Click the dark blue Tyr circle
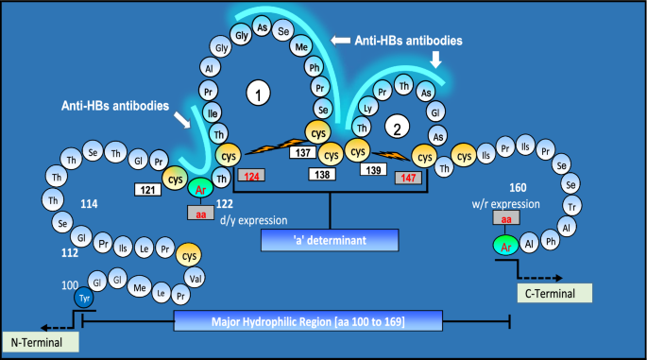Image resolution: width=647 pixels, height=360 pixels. (x=84, y=298)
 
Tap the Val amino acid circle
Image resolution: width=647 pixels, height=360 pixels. (x=195, y=279)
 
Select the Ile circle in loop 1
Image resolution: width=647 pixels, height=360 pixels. (x=213, y=113)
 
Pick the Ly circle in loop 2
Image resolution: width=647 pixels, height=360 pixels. (x=367, y=108)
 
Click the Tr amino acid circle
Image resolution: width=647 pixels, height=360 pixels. (x=571, y=206)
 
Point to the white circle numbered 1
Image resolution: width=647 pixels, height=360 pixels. (x=258, y=94)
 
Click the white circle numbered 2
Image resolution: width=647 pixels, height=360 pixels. (x=397, y=127)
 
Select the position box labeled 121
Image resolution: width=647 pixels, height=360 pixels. (x=147, y=190)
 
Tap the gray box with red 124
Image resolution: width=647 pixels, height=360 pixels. (x=251, y=176)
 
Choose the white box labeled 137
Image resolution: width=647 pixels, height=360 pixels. (x=302, y=152)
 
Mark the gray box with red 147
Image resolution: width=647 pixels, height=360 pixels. (x=408, y=178)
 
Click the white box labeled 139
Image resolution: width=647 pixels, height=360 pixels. (x=373, y=169)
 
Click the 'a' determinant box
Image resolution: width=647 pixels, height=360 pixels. (x=330, y=240)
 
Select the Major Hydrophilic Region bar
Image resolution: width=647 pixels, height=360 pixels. (x=308, y=320)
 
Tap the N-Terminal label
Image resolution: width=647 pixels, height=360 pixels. (x=41, y=342)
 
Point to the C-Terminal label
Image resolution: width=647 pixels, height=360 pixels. (x=554, y=293)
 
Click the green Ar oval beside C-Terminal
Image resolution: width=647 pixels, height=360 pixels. (x=506, y=246)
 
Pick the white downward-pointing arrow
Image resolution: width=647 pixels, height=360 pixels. (x=435, y=59)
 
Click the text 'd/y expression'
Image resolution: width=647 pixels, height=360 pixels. (x=254, y=220)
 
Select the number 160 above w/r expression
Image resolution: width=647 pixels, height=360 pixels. (x=518, y=188)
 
